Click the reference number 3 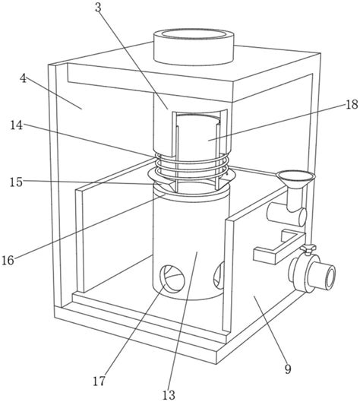coord(98,8)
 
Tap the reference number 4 coord(23,78)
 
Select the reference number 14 coord(17,125)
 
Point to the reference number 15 coord(16,182)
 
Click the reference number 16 coord(8,261)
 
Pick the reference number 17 coord(99,381)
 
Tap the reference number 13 coord(169,395)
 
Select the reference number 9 coord(288,369)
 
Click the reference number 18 coord(352,105)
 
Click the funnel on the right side coord(295,180)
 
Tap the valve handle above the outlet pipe coord(308,249)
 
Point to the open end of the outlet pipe coord(330,277)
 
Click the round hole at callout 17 coord(172,279)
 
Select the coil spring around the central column coord(191,166)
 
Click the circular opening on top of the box coord(194,35)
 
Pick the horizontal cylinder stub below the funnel coord(286,214)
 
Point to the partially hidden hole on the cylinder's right coord(219,276)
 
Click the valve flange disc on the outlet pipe coord(301,273)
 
